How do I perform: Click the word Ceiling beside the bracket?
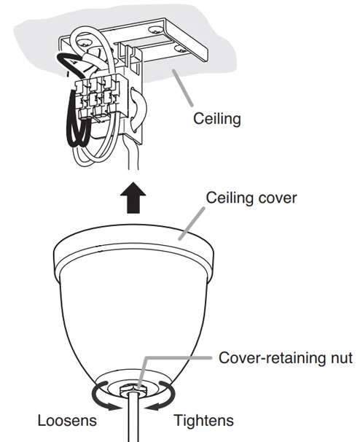coord(217,119)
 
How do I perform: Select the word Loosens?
coord(67,420)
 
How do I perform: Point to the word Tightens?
coord(203,420)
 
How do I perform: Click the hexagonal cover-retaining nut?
coord(134,391)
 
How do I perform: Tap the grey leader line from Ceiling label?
coord(183,88)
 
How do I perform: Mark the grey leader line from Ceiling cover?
coord(192,223)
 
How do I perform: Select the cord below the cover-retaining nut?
coord(133,417)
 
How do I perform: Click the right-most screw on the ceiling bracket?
coord(180,49)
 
